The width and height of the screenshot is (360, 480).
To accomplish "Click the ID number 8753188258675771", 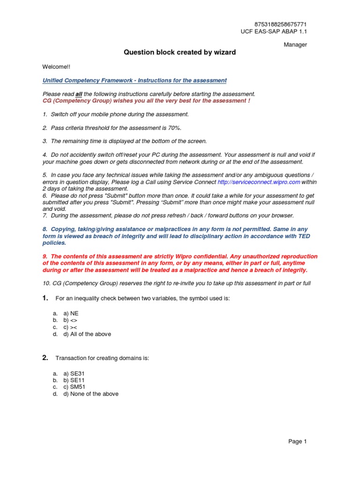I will click(281, 24).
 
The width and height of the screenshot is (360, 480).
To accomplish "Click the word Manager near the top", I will click(296, 45).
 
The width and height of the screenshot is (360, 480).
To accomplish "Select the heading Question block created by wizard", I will click(180, 52).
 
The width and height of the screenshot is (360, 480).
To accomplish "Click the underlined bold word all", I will click(79, 94).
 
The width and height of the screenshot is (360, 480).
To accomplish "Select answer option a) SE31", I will click(74, 373).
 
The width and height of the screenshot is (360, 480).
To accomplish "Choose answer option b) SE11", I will click(74, 380).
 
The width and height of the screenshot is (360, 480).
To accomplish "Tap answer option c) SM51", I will click(74, 387).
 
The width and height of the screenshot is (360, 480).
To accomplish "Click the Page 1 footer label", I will click(298, 441).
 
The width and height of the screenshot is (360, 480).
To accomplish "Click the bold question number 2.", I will click(45, 358).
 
